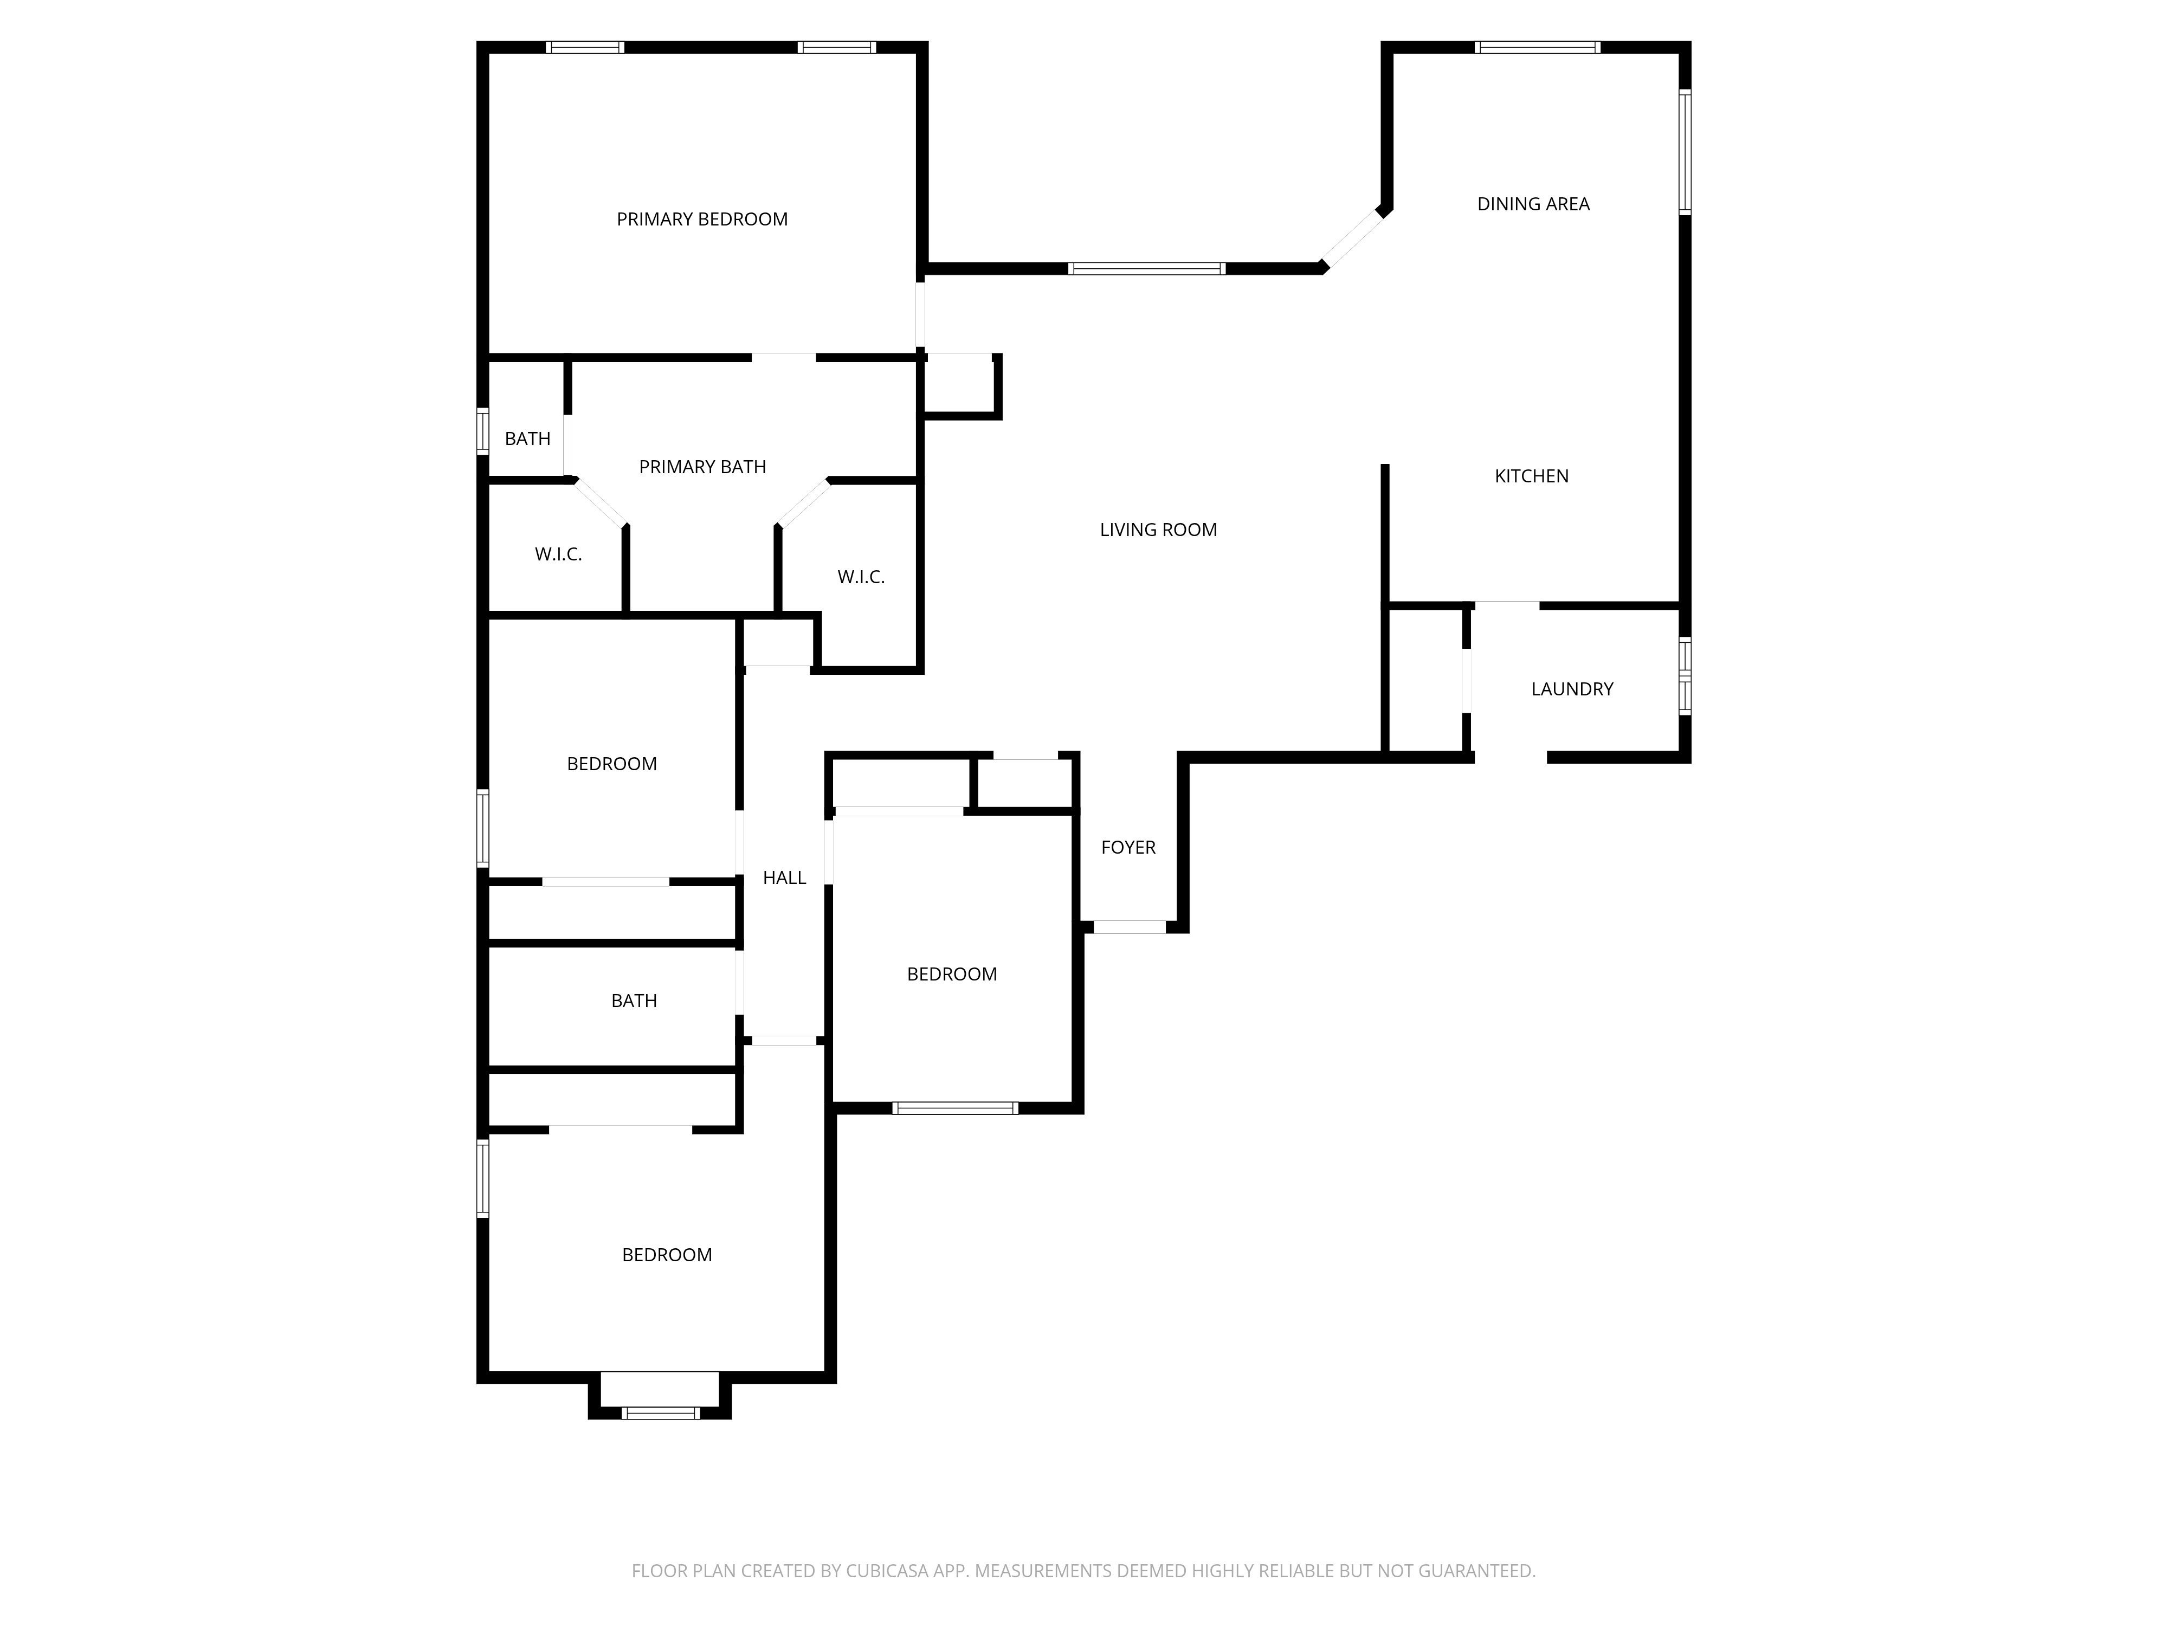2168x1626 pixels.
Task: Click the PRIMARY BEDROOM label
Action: pos(702,220)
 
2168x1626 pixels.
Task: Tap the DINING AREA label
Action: pos(1533,204)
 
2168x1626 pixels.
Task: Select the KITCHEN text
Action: pos(1531,476)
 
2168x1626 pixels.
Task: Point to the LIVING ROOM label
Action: pos(1158,530)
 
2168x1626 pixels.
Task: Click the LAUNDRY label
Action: pos(1571,689)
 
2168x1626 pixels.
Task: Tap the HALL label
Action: pos(784,878)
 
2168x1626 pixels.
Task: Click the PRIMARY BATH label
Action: pos(702,468)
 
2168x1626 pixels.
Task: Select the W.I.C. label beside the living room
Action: pos(861,577)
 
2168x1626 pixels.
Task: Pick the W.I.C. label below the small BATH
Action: pos(558,555)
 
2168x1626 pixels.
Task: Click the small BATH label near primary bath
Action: pos(527,439)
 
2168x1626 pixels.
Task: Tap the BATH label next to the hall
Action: pos(633,1001)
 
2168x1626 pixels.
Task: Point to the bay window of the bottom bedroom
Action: pos(660,1412)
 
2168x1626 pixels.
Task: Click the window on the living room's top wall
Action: pos(1146,268)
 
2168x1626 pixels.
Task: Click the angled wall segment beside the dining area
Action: pos(1352,239)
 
